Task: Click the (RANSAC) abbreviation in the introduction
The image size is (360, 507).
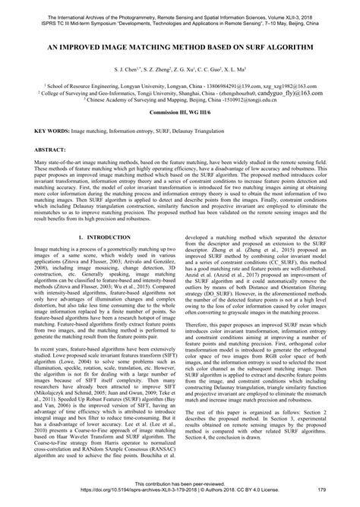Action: [159, 449]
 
